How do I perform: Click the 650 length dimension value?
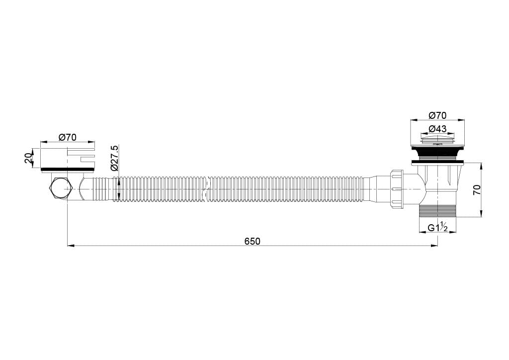[x=252, y=242]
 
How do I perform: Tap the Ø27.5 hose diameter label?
[x=115, y=158]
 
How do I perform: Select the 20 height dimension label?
[x=28, y=159]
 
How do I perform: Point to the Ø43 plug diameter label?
[x=437, y=129]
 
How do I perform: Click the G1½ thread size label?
[x=437, y=228]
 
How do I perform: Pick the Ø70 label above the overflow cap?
[x=68, y=138]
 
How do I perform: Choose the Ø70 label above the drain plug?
[x=437, y=115]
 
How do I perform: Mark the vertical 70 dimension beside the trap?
[x=477, y=189]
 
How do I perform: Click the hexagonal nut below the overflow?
[x=60, y=188]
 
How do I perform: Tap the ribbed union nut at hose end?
[x=397, y=188]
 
